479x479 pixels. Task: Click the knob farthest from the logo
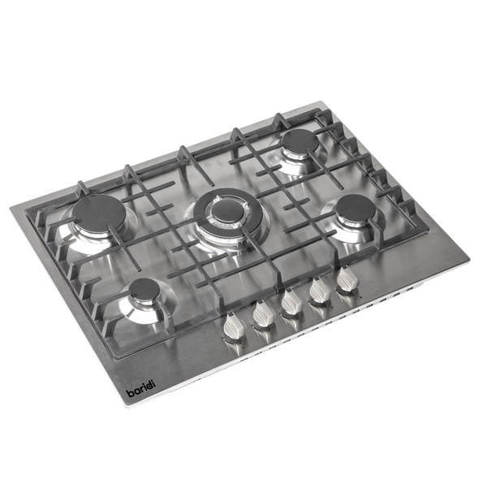click(x=346, y=280)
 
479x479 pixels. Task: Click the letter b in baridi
click(x=132, y=394)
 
